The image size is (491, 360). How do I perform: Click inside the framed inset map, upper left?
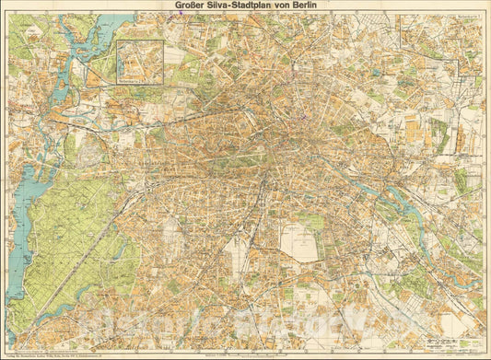tap(140, 60)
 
